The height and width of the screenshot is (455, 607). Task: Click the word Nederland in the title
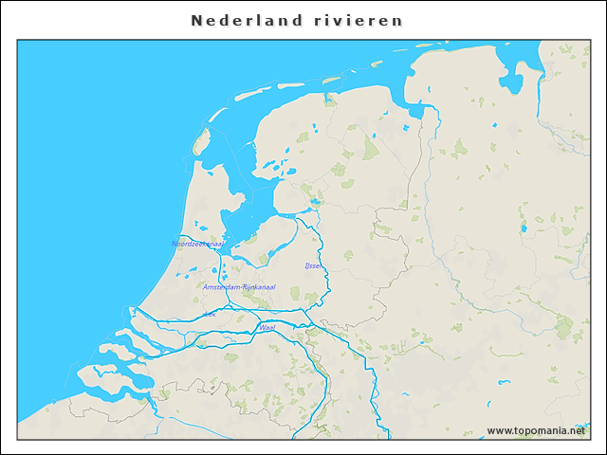[x=247, y=20]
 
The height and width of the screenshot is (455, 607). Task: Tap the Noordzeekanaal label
[x=197, y=244]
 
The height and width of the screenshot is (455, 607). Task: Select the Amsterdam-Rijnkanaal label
[x=239, y=286]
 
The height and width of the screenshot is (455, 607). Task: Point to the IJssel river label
[x=312, y=266]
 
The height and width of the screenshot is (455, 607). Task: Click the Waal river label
[x=267, y=327]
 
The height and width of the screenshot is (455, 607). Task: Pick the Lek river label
[x=210, y=313]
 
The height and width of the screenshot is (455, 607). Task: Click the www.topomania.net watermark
[x=536, y=430]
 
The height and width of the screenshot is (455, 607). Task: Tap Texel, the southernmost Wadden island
[x=200, y=142]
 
